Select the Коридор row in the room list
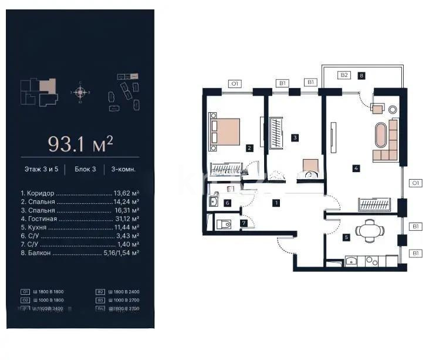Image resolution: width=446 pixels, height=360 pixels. coord(80,193)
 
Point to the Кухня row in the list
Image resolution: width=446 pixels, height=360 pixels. coord(80,227)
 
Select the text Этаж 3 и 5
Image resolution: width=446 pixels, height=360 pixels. coord(41,169)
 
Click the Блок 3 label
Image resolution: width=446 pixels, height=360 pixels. coord(85,169)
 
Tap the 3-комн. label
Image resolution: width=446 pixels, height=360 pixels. coord(123,169)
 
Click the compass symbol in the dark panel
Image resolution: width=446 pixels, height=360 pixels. coord(81,92)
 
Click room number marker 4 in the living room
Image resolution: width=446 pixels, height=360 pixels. coord(356,168)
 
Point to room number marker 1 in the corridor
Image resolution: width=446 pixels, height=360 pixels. coord(276,203)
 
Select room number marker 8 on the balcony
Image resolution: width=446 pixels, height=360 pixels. coord(362,75)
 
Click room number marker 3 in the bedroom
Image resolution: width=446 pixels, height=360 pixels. coord(295,138)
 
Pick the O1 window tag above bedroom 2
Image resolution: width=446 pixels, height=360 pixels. coord(235,84)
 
